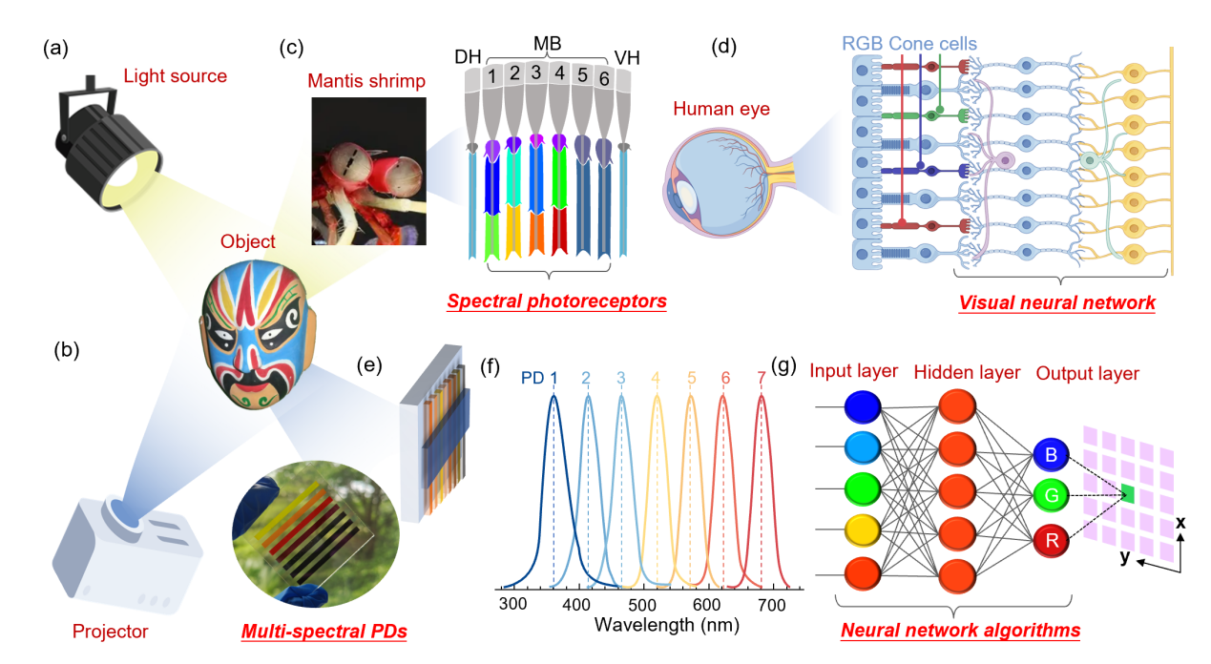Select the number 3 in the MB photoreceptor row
(536, 73)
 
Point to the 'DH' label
(468, 57)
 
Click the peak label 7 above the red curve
(761, 379)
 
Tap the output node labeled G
(1050, 496)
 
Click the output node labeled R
(1050, 542)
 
